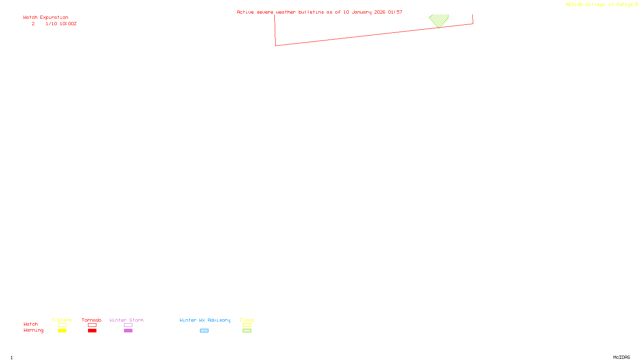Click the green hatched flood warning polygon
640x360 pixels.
(439, 20)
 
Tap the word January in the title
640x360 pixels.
(362, 12)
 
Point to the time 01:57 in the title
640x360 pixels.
(395, 12)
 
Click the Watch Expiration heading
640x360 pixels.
(46, 17)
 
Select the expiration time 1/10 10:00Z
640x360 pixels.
(61, 24)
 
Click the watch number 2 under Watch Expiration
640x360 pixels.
(33, 24)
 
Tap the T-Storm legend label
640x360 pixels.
(62, 320)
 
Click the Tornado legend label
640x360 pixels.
(92, 320)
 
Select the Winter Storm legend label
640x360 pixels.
(126, 320)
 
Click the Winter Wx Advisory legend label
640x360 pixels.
(205, 320)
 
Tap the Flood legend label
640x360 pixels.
(247, 320)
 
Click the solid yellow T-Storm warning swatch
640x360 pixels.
(62, 331)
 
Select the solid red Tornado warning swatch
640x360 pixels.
(92, 331)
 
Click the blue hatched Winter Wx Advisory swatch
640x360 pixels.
(204, 331)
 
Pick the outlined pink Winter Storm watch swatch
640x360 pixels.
(128, 325)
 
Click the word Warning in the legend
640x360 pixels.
(33, 330)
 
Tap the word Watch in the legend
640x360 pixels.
(30, 324)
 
